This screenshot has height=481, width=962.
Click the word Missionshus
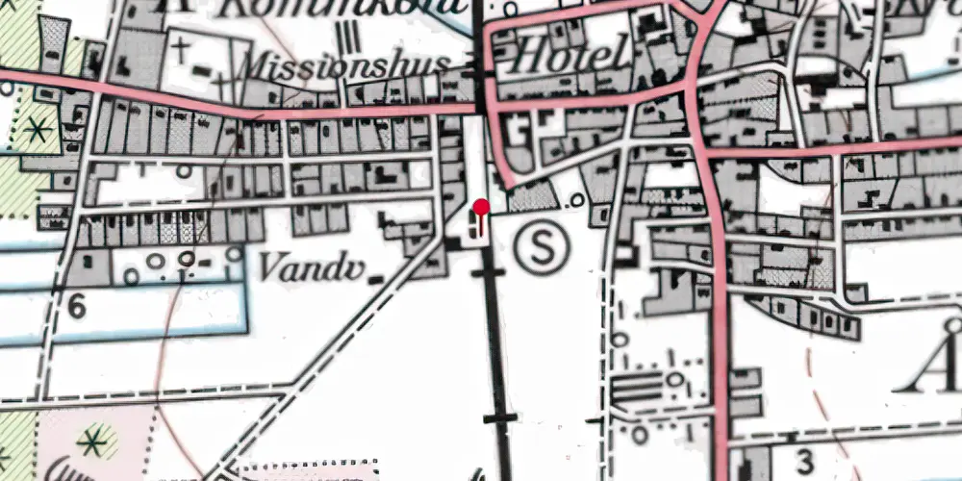click(346, 65)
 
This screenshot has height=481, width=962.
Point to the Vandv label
click(310, 267)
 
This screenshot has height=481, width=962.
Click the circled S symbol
click(543, 248)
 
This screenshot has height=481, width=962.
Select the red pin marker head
click(481, 206)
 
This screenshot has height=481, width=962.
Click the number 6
click(77, 307)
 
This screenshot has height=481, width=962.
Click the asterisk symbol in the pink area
click(93, 442)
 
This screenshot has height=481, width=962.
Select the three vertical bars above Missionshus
click(351, 35)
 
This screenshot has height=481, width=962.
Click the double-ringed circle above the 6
click(186, 259)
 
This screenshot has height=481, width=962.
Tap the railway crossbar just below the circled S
click(487, 274)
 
